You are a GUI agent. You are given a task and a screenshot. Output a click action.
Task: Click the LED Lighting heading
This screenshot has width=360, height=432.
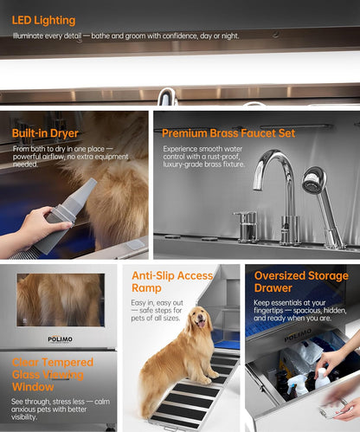43,20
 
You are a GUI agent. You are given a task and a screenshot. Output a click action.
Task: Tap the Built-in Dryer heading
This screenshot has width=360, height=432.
45,133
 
